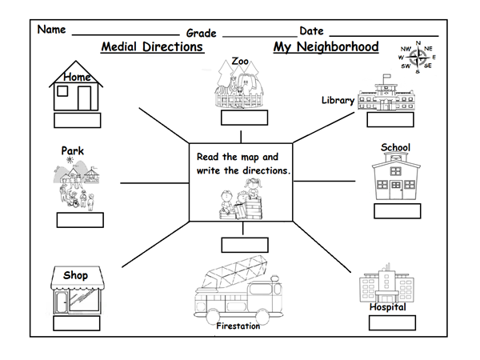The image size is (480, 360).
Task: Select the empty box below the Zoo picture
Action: [x=244, y=118]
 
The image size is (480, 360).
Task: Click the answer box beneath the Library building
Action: [x=390, y=120]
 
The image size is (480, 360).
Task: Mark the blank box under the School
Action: [x=397, y=210]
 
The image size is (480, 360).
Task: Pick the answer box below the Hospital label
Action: [x=392, y=322]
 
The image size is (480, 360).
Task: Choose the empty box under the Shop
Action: [x=77, y=322]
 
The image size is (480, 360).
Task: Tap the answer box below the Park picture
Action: [x=80, y=220]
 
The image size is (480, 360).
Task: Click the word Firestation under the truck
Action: [x=239, y=326]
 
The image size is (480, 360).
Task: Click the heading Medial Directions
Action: [x=152, y=47]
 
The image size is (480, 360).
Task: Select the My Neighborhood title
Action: [x=326, y=47]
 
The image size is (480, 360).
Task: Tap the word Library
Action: [x=338, y=100]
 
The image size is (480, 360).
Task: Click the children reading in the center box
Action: [x=241, y=203]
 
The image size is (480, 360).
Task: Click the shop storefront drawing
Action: [x=77, y=292]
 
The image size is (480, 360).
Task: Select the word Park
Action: [x=72, y=150]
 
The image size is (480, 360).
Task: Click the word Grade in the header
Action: [x=202, y=33]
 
